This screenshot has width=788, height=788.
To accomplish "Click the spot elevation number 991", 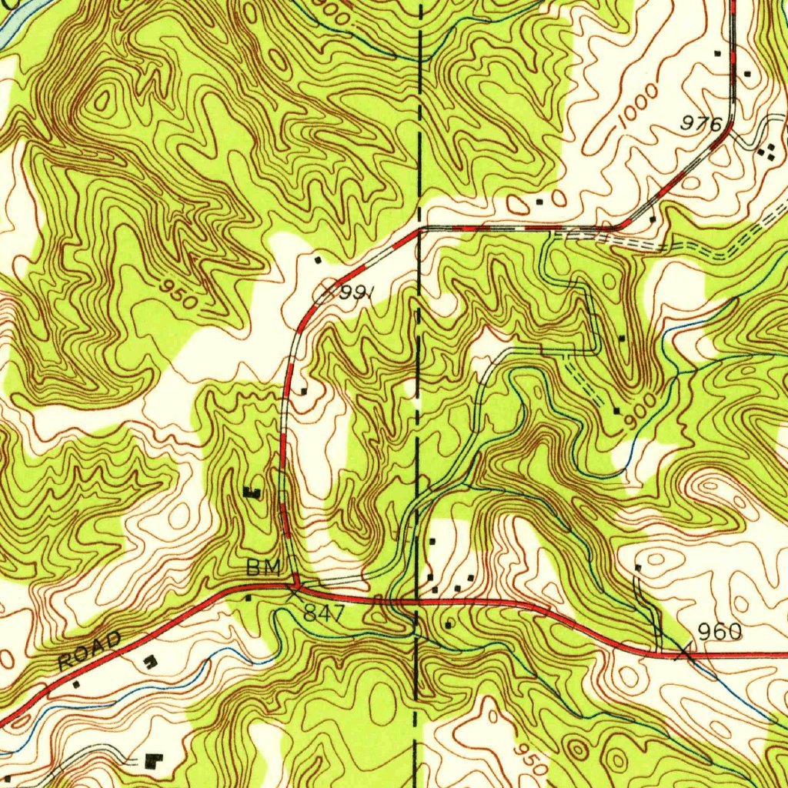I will coord(357,293).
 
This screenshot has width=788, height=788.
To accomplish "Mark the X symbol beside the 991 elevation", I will coord(327,291).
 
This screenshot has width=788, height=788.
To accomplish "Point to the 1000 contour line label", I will coord(639,106).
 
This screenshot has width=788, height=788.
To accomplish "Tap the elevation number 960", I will coord(720,633).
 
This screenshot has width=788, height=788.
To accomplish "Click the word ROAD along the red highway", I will coord(89,650).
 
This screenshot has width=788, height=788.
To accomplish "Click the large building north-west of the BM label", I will coord(252,492).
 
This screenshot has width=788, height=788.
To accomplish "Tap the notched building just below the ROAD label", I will coord(149,660).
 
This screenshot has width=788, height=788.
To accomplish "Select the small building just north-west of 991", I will coord(318,260).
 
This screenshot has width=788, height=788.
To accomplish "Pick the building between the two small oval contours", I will coord(539,202).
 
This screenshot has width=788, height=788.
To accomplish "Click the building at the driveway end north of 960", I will coord(637,568).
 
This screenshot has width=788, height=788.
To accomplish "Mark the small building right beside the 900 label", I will coord(617,411).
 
